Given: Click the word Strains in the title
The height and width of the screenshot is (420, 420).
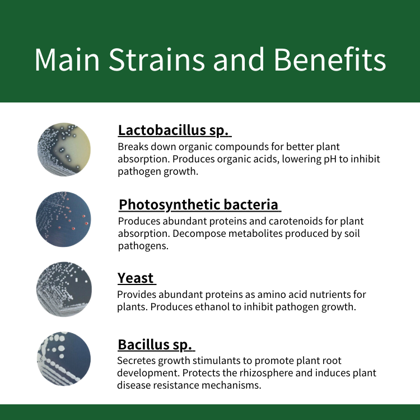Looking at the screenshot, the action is pyautogui.click(x=157, y=59).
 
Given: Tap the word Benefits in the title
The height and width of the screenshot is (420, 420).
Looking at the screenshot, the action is pyautogui.click(x=330, y=59).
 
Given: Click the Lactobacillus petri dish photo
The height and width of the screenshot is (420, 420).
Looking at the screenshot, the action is pyautogui.click(x=64, y=150).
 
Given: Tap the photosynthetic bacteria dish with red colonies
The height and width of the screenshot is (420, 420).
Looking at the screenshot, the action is pyautogui.click(x=63, y=219).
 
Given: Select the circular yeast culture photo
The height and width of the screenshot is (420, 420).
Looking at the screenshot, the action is pyautogui.click(x=64, y=290).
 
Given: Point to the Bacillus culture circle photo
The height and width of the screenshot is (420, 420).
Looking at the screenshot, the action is pyautogui.click(x=64, y=358).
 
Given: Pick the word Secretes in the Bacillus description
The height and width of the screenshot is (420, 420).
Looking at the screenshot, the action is pyautogui.click(x=136, y=361).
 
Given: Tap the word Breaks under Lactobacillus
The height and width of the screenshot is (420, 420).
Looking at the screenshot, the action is pyautogui.click(x=133, y=147).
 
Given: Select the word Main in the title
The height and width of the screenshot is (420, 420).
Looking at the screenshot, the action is pyautogui.click(x=67, y=59).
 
